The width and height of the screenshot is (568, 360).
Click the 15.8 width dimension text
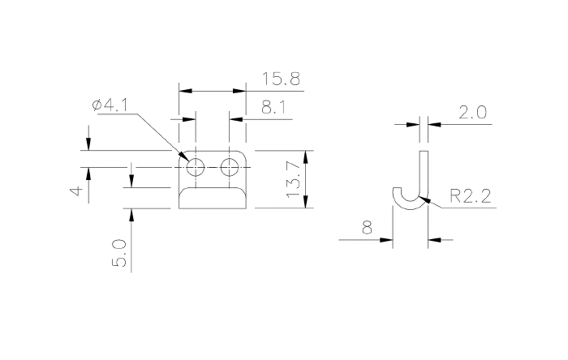pyautogui.click(x=282, y=79)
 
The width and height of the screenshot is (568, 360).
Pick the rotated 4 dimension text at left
pyautogui.click(x=75, y=191)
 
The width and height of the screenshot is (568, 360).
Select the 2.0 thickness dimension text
pyautogui.click(x=471, y=113)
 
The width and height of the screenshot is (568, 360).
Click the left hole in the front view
pyautogui.click(x=196, y=168)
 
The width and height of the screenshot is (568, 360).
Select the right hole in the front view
pyautogui.click(x=230, y=168)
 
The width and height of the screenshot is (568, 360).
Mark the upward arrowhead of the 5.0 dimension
pyautogui.click(x=130, y=212)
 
